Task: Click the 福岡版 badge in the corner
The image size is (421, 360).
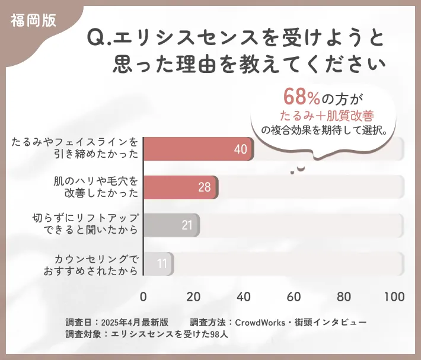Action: point(33,20)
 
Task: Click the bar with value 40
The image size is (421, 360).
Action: point(198,149)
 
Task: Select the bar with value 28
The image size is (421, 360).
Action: point(180,187)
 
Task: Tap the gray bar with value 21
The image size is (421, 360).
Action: point(171,225)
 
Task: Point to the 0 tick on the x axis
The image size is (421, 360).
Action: point(143,297)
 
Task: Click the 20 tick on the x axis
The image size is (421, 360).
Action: point(193,297)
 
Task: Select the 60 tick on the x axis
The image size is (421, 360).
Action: point(294,297)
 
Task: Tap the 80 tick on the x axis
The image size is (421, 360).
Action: point(344,297)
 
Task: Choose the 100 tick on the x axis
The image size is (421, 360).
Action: point(394,297)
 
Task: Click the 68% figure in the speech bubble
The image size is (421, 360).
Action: point(302,96)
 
